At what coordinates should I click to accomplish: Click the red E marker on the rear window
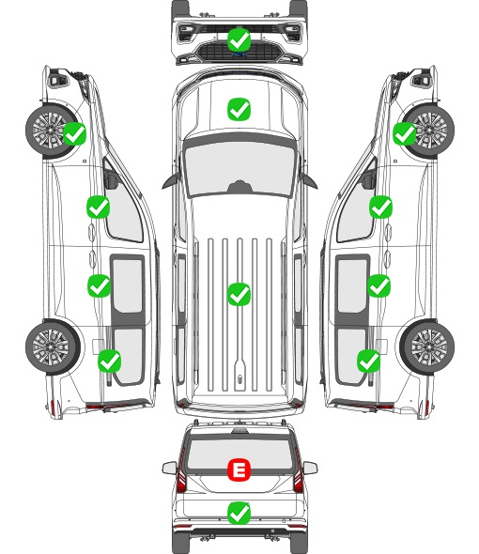pyautogui.click(x=239, y=469)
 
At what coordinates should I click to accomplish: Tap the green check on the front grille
pyautogui.click(x=239, y=40)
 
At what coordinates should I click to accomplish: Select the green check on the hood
pyautogui.click(x=239, y=109)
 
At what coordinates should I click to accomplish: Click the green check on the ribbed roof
pyautogui.click(x=239, y=294)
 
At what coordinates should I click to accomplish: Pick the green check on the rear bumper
pyautogui.click(x=239, y=513)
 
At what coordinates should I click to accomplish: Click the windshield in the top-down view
pyautogui.click(x=239, y=168)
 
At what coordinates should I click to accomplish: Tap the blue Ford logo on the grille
pyautogui.click(x=239, y=54)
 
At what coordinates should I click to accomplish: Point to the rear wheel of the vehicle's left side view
pyautogui.click(x=53, y=346)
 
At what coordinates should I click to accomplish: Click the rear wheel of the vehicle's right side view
pyautogui.click(x=427, y=346)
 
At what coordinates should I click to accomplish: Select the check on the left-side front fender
pyautogui.click(x=74, y=133)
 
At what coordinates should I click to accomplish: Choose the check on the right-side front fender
pyautogui.click(x=405, y=133)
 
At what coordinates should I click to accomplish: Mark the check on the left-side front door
pyautogui.click(x=99, y=207)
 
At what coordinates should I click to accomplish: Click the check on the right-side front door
pyautogui.click(x=380, y=207)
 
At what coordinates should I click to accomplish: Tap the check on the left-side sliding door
pyautogui.click(x=99, y=285)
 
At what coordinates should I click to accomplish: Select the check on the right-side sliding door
pyautogui.click(x=379, y=285)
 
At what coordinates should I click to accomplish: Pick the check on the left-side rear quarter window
pyautogui.click(x=110, y=361)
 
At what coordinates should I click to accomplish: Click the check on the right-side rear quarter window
pyautogui.click(x=369, y=361)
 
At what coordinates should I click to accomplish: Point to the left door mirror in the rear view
pyautogui.click(x=169, y=469)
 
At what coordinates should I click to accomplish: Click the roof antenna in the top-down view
pyautogui.click(x=239, y=379)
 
